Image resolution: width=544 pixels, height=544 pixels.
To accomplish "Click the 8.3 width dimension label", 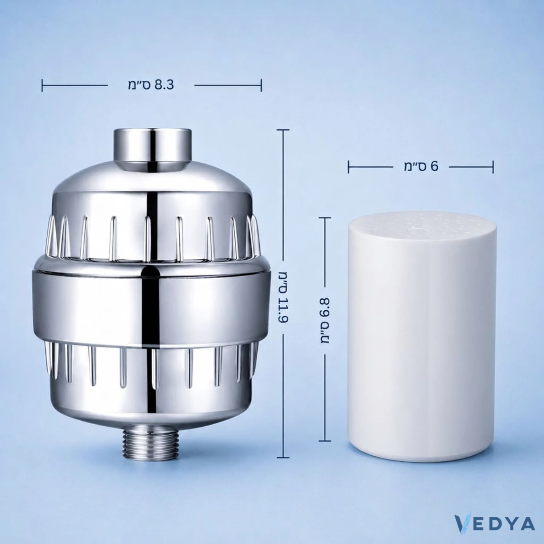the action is [151, 85].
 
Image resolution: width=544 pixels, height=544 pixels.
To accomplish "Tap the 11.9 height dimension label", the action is [284, 297].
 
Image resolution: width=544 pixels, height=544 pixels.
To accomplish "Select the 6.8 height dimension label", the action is [325, 320].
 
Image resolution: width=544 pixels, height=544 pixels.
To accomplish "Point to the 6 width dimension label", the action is [421, 167].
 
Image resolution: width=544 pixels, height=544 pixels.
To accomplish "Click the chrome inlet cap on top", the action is [153, 149].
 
